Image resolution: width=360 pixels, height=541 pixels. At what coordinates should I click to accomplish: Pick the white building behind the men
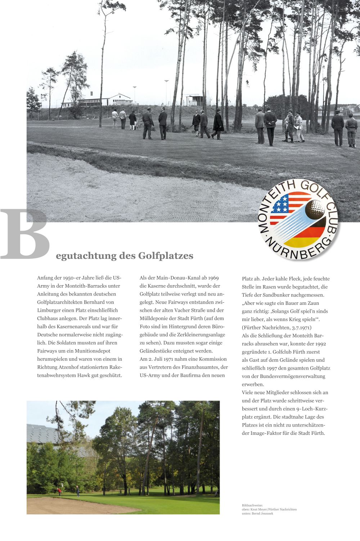pos(104,100)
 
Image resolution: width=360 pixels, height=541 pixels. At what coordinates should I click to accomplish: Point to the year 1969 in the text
pos(213,278)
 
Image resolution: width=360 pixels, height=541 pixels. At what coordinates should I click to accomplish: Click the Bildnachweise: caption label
pos(252,506)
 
